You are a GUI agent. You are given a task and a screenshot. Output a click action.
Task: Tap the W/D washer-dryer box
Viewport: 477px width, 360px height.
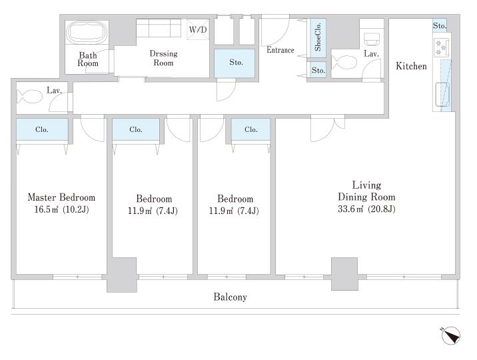tap(198, 29)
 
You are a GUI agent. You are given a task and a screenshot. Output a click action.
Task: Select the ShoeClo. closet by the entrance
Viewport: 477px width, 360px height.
tap(318, 37)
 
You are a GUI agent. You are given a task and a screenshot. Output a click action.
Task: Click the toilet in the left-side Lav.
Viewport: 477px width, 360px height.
tap(29, 97)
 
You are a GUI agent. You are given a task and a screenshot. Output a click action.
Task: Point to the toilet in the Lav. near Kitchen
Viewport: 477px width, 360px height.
tap(344, 63)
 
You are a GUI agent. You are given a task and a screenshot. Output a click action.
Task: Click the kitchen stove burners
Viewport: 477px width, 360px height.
tap(441, 47)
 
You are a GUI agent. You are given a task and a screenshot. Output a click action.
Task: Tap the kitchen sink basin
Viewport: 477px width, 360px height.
tap(442, 94)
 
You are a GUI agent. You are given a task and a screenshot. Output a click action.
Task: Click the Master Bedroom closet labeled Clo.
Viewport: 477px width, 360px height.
tap(42, 129)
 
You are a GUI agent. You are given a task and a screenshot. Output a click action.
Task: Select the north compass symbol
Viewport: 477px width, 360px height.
tap(450, 335)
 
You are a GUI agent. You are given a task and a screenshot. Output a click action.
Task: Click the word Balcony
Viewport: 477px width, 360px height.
tap(230, 297)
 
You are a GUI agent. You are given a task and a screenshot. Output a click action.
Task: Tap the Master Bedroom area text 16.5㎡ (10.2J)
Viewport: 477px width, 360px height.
tap(61, 209)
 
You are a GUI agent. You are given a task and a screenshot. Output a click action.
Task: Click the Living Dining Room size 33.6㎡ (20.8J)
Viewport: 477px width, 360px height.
tap(366, 209)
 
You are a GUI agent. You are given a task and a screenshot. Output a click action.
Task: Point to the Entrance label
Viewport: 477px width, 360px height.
tap(280, 50)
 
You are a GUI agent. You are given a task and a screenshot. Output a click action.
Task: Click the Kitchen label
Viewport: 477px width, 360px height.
tap(411, 66)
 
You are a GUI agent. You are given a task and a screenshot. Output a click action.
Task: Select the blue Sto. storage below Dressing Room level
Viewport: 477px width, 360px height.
tap(235, 63)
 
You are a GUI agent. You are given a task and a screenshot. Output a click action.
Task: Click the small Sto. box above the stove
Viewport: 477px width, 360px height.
tap(439, 25)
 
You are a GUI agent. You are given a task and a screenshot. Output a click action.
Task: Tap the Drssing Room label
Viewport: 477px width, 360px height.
tap(163, 58)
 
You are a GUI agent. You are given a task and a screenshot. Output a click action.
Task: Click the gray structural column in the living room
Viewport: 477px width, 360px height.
tap(344, 274)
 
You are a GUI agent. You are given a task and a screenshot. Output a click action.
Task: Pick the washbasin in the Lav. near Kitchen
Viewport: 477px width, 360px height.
tap(372, 39)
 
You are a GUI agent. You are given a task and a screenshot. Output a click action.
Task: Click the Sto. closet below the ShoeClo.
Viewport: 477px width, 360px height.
tap(318, 70)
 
